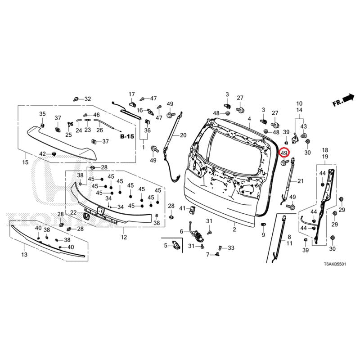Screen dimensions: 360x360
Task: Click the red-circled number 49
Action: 284,153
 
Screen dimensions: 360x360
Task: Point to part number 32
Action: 87,99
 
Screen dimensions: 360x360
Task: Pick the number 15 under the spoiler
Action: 25,162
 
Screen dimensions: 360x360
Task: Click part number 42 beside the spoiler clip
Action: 42,154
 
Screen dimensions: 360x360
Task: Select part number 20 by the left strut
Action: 183,135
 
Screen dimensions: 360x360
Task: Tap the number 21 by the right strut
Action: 301,181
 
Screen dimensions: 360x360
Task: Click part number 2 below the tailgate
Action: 234,229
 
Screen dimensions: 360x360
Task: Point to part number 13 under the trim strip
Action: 24,255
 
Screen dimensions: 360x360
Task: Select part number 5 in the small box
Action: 166,245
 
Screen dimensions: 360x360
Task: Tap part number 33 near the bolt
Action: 231,248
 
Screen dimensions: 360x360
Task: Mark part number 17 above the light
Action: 132,94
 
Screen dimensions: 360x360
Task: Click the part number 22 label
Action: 73,212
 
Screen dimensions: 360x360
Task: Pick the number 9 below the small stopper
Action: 263,235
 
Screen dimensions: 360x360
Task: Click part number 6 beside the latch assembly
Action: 182,231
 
